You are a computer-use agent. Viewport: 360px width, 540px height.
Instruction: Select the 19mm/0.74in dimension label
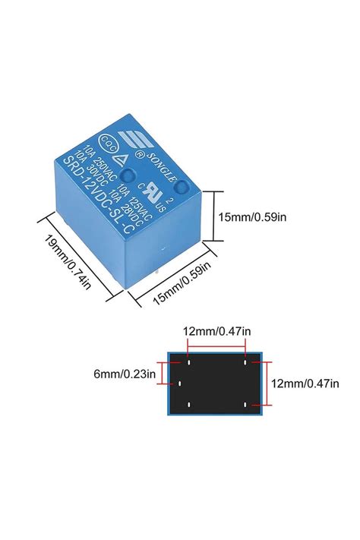68,263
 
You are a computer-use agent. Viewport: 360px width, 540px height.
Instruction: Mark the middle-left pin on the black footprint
180,384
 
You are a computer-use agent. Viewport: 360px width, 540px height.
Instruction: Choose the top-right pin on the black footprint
245,362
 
